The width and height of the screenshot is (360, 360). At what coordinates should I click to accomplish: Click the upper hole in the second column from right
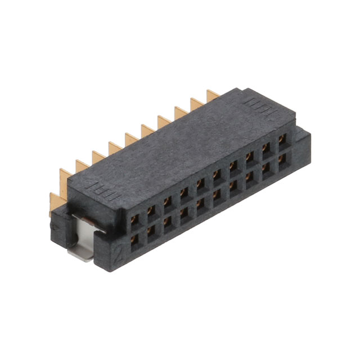click(265, 147)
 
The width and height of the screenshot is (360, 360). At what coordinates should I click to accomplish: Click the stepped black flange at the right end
click(304, 149)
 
